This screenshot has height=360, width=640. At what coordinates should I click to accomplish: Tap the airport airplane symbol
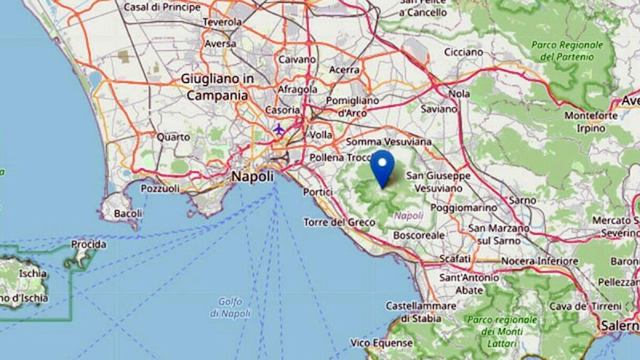coord(278,129)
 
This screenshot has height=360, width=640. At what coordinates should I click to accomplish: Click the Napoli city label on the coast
coord(252,177)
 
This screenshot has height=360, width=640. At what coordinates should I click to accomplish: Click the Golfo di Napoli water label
coord(230,308)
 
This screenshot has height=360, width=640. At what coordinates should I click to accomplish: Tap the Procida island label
coord(89,245)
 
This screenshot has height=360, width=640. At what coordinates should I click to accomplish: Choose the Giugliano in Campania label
coord(217,87)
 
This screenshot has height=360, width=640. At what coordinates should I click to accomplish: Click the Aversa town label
coord(220,44)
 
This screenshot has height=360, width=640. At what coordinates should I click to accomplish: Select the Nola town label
coord(460,94)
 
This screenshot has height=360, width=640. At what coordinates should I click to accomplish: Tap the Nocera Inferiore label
coord(539,261)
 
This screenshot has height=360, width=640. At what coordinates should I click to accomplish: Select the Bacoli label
coord(128,213)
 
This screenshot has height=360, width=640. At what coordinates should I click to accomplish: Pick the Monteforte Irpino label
coord(591,122)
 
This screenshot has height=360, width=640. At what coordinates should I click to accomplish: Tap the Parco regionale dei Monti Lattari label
coord(502,331)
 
